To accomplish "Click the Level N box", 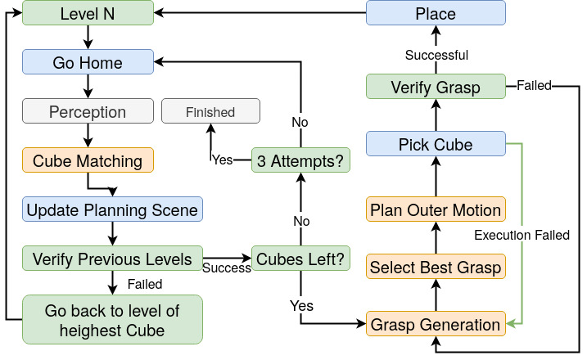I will tap(88, 13).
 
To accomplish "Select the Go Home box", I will tap(88, 62).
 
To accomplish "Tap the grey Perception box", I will tap(88, 111).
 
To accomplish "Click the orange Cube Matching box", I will tap(88, 160).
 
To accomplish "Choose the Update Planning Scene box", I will tap(112, 209).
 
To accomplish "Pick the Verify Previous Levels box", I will tap(112, 259).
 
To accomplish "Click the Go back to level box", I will tap(113, 319).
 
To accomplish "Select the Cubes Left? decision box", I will tap(300, 259).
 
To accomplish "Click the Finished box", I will tap(210, 111).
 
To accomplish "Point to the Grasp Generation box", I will tap(435, 324).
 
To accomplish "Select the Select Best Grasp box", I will tap(435, 267).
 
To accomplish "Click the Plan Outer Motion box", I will tap(435, 209).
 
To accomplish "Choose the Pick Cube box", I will tap(435, 144).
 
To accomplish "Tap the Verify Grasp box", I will tap(435, 87).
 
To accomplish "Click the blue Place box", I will tap(435, 13).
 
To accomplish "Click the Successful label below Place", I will tap(437, 55).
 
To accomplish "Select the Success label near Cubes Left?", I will tap(227, 268).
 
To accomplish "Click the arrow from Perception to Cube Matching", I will tap(88, 136).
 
